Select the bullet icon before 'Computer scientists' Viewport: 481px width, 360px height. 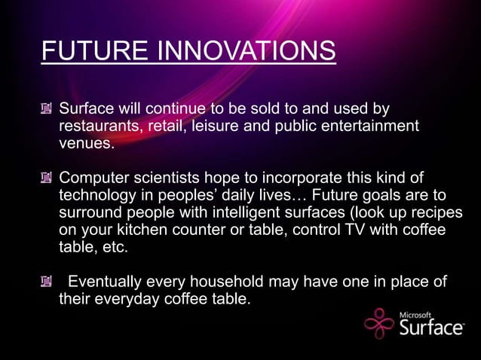47,179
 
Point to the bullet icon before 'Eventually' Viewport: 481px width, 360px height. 47,282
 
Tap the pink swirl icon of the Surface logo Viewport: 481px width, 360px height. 379,324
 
